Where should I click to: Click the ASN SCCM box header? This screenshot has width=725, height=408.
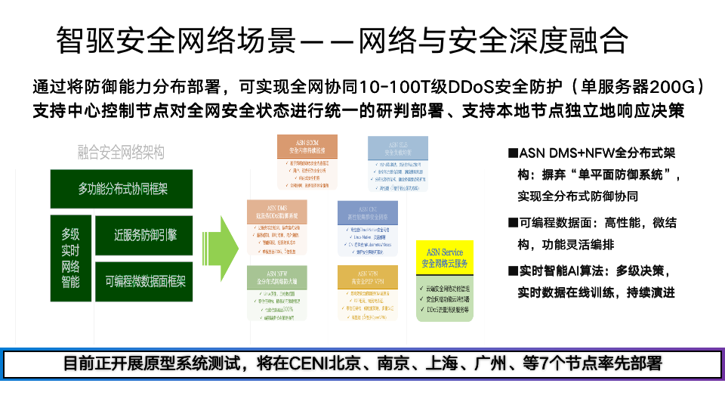307,146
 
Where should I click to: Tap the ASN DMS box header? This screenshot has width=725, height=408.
276,212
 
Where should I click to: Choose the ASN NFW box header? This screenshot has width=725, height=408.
277,277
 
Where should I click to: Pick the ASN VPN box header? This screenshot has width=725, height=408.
368,277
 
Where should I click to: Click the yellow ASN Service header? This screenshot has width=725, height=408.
445,258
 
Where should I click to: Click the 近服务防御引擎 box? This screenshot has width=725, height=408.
146,235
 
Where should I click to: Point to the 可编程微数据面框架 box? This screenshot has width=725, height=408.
146,281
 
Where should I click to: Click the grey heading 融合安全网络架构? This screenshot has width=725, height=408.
120,153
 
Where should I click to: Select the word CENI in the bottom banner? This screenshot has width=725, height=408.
304,364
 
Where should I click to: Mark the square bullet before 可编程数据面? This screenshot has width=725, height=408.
513,223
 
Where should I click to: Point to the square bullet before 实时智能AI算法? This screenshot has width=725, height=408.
513,270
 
